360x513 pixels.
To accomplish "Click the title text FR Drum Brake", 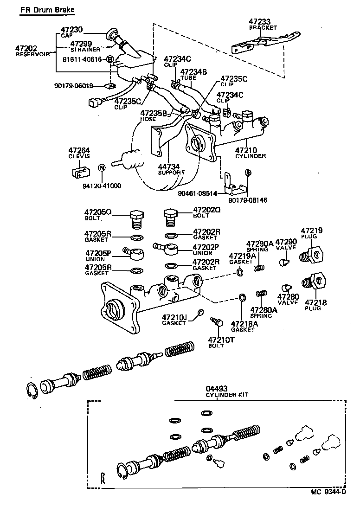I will [x=46, y=10].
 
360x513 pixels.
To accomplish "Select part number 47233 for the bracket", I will [x=259, y=21].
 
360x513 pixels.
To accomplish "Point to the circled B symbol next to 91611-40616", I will [x=110, y=59].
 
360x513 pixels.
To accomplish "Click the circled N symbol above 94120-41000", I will [x=102, y=167].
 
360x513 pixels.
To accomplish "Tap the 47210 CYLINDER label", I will [x=250, y=153].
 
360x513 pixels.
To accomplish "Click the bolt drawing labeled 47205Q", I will [x=136, y=218].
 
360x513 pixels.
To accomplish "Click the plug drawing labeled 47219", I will [x=313, y=253].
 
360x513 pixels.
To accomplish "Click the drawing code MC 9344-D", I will [x=328, y=505].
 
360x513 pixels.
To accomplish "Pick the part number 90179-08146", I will [x=248, y=200].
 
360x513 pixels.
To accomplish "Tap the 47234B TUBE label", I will [x=193, y=75].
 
